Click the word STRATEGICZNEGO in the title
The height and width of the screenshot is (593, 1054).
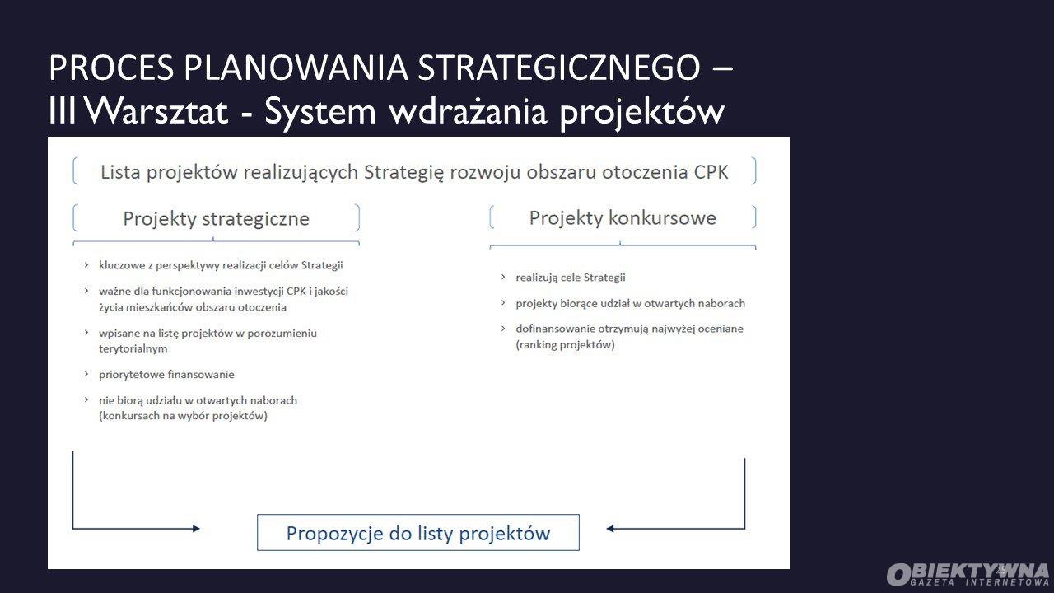[x=559, y=68]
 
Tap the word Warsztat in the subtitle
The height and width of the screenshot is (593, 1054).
[x=157, y=111]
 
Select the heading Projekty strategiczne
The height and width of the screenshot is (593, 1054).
[x=216, y=219]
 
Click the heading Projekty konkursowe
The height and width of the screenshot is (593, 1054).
[x=623, y=218]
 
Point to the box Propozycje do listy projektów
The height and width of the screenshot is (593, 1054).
[x=417, y=532]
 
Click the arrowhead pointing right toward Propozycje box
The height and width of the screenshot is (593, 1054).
[x=196, y=529]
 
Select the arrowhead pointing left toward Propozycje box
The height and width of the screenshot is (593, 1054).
[x=610, y=529]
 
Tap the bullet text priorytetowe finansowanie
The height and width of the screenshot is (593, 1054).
[x=166, y=375]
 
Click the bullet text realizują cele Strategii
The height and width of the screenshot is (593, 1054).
[x=571, y=278]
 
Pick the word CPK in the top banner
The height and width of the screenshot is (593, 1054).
[x=711, y=172]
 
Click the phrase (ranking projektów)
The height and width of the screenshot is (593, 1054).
[x=565, y=345]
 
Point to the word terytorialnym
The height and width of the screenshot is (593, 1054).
[x=133, y=348]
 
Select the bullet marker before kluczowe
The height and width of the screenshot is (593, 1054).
[x=86, y=265]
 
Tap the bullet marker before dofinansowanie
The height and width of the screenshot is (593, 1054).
[x=503, y=328]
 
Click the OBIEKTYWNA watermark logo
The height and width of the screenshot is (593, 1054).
[x=968, y=575]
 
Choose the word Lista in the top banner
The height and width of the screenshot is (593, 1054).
[x=120, y=172]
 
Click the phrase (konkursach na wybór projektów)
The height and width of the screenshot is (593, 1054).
[x=183, y=416]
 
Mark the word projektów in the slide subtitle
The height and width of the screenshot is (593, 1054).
[x=642, y=113]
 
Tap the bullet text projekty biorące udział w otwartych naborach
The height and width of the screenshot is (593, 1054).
[x=631, y=304]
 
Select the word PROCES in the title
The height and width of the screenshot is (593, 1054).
[x=111, y=68]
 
